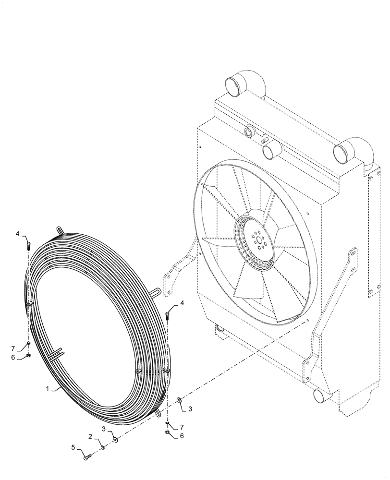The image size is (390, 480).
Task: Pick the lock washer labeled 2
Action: pos(103,448)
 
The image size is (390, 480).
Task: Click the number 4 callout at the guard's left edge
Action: pos(17,234)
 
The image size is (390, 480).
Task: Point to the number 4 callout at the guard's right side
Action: pos(182,303)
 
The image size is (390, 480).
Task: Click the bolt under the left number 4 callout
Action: pos(28,246)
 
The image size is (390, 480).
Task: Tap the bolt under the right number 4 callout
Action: pos(168,315)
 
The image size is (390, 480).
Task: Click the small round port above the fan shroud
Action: pos(249,131)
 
